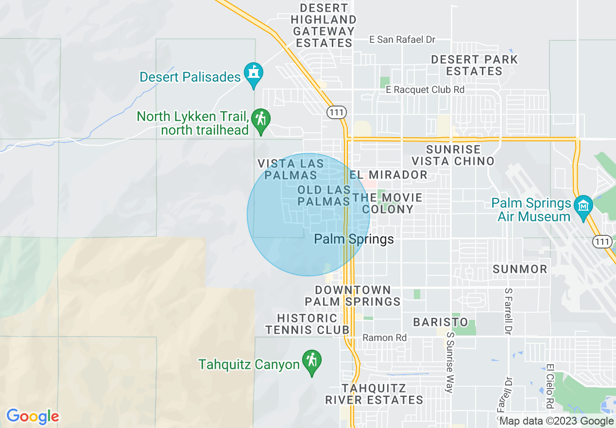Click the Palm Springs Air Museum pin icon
tap(583, 207)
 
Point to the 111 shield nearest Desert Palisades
tap(336, 112)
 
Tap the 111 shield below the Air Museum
tap(602, 241)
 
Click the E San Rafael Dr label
tap(402, 40)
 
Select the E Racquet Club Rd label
tap(425, 89)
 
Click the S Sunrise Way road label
tap(450, 362)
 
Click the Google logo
tap(33, 416)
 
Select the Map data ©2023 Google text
tap(556, 421)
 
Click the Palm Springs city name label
tap(354, 239)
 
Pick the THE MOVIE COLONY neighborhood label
tap(388, 203)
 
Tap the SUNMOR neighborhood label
tap(520, 269)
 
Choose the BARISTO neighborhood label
tap(441, 322)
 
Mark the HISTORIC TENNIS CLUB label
tap(307, 324)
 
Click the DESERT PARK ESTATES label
tap(475, 65)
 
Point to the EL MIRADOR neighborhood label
tap(389, 175)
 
